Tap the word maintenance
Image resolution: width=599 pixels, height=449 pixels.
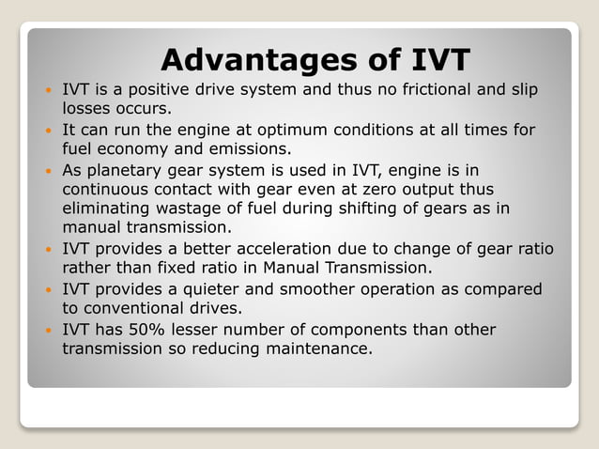tap(319, 348)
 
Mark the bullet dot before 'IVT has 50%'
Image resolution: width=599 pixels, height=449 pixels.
tap(49, 331)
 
